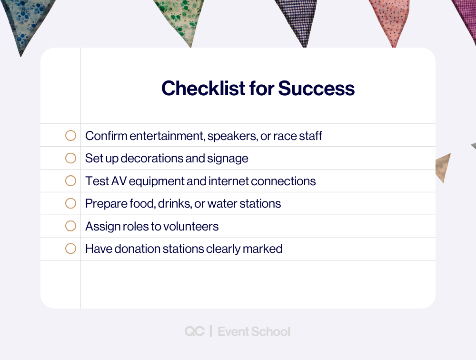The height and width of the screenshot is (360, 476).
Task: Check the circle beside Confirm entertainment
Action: coord(70,136)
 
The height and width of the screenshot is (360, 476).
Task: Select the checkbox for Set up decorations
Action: coord(70,158)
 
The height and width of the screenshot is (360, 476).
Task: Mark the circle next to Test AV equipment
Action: coord(70,181)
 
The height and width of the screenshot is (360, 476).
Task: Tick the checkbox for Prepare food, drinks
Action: coord(70,203)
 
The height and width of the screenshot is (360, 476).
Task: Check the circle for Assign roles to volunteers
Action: coord(70,226)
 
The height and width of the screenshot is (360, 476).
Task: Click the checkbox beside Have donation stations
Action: coord(70,249)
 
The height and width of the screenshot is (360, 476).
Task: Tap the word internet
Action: coord(226,181)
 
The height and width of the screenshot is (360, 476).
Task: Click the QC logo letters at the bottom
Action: coord(195,331)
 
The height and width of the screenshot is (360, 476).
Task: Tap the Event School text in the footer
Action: coord(254,331)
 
